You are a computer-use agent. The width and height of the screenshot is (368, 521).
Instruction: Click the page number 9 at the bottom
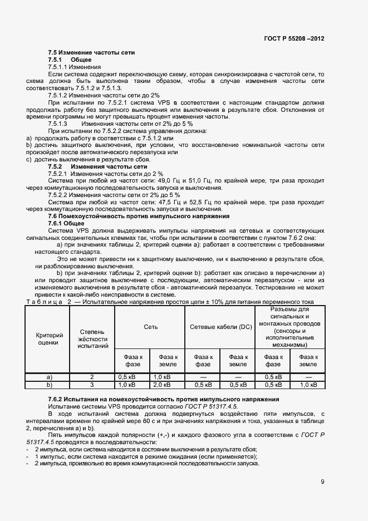(322, 482)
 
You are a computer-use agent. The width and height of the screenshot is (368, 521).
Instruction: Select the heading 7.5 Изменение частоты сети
(91, 52)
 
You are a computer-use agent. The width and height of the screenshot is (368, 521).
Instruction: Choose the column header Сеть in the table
(150, 327)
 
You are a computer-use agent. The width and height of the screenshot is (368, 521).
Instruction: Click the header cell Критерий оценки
(50, 339)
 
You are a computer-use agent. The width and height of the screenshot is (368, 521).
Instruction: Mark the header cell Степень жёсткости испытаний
(92, 339)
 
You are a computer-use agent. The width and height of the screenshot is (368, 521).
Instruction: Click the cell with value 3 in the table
(92, 385)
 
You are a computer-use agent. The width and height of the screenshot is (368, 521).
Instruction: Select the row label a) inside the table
(50, 377)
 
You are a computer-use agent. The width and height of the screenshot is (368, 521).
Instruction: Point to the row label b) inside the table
(50, 385)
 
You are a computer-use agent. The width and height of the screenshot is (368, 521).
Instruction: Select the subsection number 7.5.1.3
(57, 124)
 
